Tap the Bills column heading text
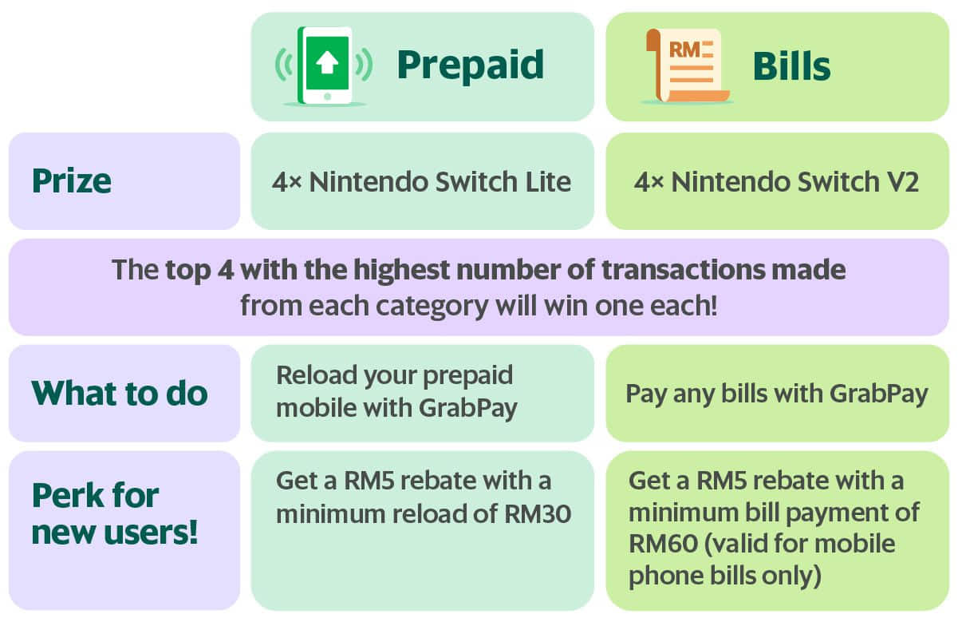(791, 66)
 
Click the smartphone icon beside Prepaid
(325, 65)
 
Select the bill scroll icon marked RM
(687, 65)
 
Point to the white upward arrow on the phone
(327, 63)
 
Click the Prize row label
(72, 181)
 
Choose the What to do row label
(120, 393)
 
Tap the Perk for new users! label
(115, 514)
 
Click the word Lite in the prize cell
(548, 181)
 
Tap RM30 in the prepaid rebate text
(538, 514)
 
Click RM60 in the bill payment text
(664, 544)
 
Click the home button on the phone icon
(328, 97)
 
